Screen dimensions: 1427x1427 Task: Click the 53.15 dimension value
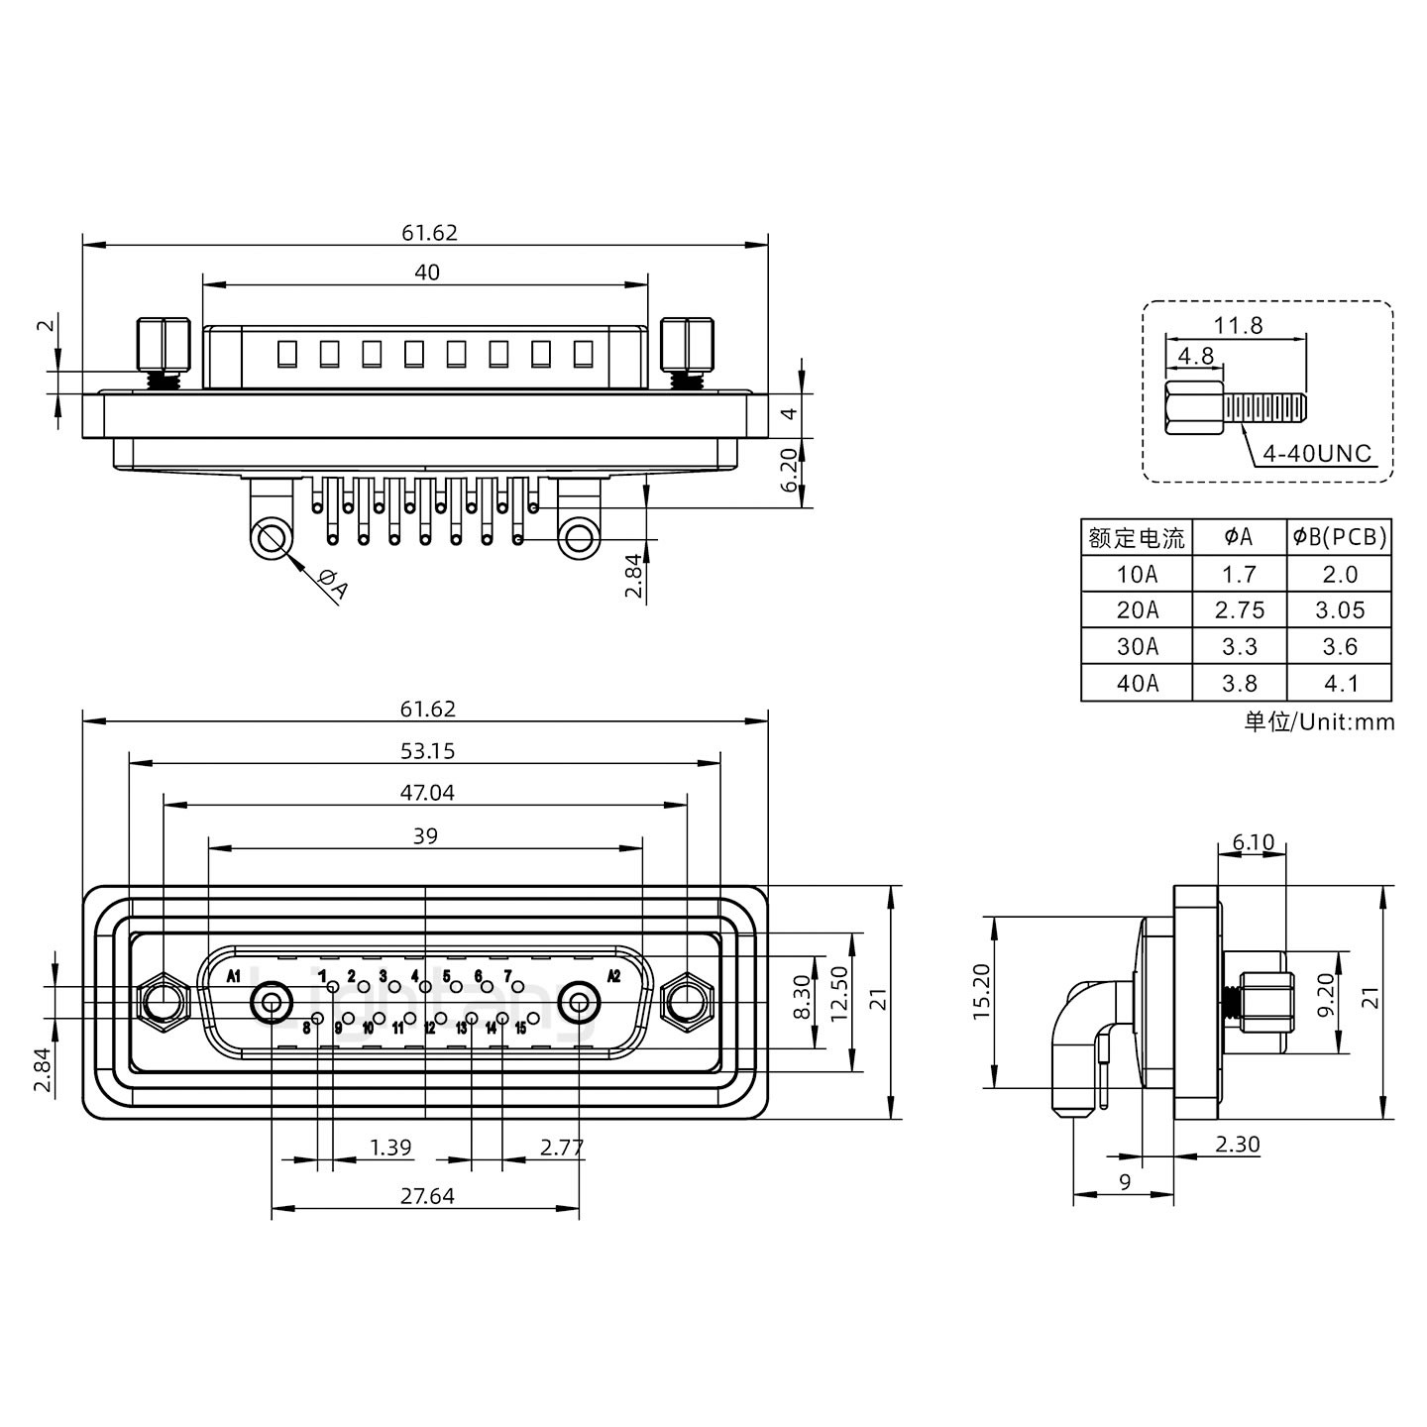point(428,751)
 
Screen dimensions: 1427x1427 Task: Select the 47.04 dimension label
point(428,793)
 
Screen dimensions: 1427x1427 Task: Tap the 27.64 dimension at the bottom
point(427,1196)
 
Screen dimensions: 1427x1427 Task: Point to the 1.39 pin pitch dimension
point(390,1148)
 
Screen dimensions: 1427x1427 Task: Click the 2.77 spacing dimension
point(562,1148)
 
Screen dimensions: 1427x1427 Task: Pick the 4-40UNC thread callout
point(1317,454)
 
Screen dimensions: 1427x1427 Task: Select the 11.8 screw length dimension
point(1238,325)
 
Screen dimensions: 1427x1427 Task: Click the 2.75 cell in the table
point(1239,610)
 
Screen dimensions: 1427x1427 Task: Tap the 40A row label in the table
point(1137,683)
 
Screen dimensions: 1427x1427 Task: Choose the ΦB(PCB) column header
point(1339,538)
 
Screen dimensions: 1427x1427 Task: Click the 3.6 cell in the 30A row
point(1339,647)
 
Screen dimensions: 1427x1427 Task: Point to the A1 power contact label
point(234,976)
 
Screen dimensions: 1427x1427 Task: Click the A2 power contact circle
point(579,1003)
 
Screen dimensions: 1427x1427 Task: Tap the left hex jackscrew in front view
point(164,1003)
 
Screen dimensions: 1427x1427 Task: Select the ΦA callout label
point(333,586)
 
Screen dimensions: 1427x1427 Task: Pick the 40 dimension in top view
point(426,272)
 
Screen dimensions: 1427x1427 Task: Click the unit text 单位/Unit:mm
point(1319,721)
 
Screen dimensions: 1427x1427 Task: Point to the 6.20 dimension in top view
point(789,472)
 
